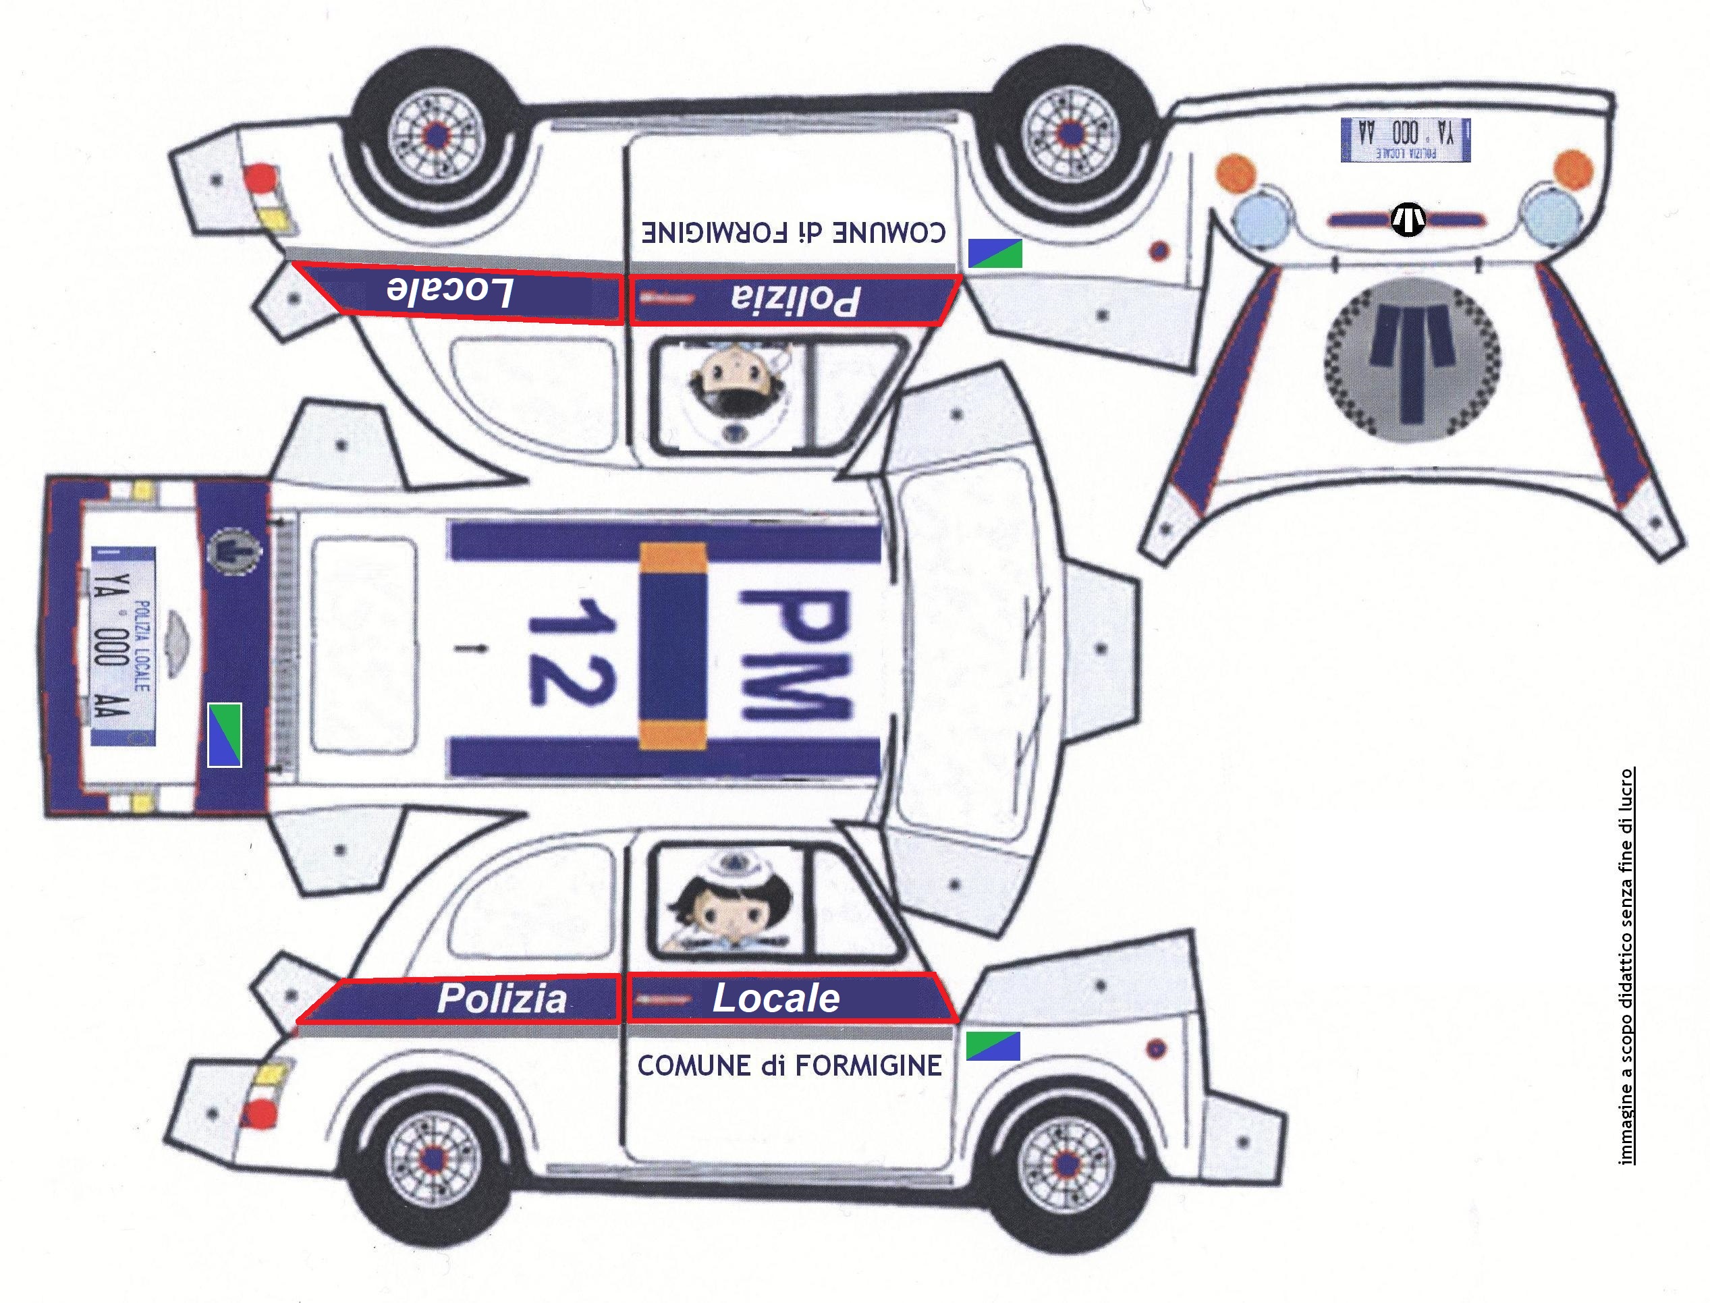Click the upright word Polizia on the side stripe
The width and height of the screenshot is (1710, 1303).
(502, 998)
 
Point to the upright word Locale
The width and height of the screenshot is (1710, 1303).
(775, 998)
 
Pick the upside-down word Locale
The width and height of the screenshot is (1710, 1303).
(450, 292)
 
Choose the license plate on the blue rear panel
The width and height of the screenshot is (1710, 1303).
(123, 646)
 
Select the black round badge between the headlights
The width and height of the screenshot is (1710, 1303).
(1408, 219)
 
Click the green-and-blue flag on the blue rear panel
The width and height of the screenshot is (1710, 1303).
(224, 733)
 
